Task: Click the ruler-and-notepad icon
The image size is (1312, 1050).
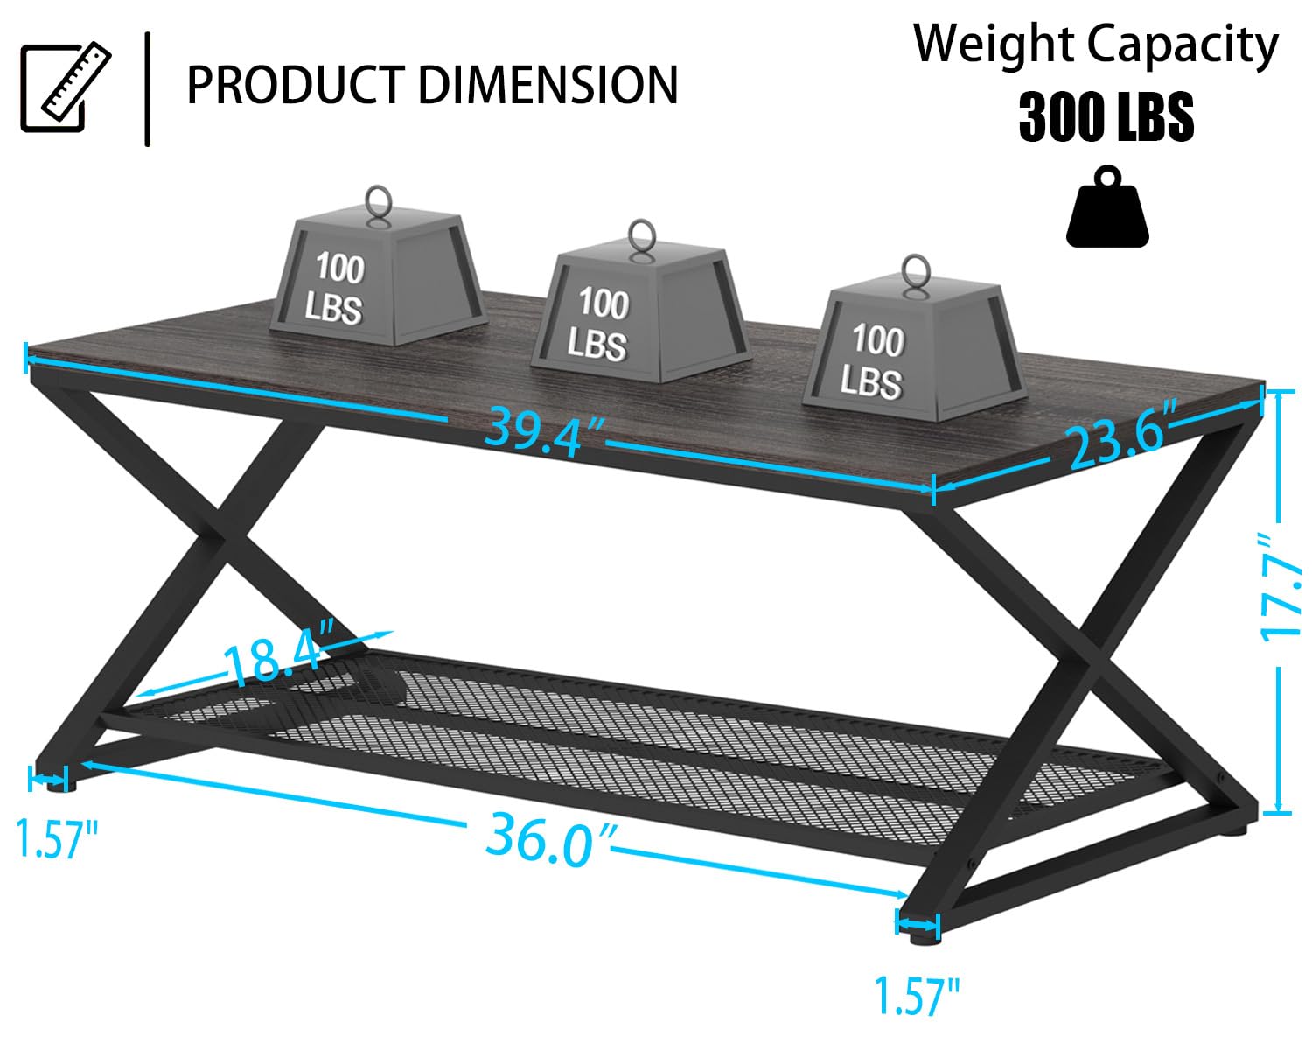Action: point(66,87)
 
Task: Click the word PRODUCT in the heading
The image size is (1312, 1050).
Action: point(296,85)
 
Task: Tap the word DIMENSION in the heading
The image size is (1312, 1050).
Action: point(548,85)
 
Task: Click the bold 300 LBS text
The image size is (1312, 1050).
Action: point(1106,116)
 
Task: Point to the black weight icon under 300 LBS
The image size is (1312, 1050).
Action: point(1107,206)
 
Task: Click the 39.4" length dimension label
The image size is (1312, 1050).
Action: point(542,432)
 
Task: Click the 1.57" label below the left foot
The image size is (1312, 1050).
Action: point(55,839)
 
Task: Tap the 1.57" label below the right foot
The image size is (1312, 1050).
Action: point(917,996)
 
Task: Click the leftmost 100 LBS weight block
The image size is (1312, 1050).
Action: point(379,276)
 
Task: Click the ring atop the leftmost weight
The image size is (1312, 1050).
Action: point(378,201)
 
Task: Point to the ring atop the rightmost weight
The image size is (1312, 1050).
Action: point(916,271)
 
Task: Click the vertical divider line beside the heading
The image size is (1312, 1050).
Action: point(148,89)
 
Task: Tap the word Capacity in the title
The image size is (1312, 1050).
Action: point(1183,46)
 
